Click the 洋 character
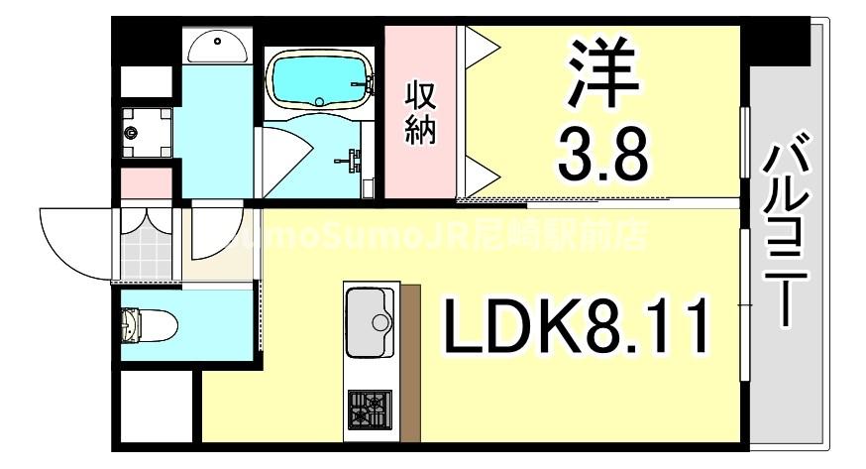coord(602,73)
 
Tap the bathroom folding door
coord(287,159)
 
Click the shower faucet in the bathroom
coord(352,159)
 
